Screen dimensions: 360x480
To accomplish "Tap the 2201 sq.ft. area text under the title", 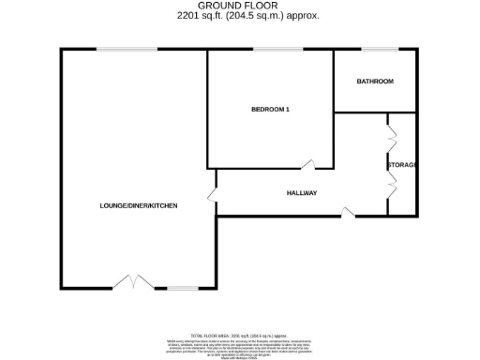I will coord(239,16).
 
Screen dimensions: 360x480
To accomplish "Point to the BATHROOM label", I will coord(375,82).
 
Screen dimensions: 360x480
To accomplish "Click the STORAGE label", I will coord(402,165).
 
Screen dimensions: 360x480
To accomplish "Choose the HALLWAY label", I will coord(302,193).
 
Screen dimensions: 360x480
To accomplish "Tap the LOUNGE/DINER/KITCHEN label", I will coord(140,205).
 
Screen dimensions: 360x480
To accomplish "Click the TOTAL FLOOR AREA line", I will coord(239,335).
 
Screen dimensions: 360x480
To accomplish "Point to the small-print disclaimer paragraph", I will coord(239,346).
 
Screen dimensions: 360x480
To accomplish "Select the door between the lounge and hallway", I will coord(212,194).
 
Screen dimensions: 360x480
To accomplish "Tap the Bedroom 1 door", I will coord(308,165).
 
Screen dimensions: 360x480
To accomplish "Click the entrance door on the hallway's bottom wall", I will coord(349,214).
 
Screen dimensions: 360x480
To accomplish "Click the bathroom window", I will coord(379,49).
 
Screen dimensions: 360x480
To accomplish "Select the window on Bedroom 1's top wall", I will coord(268,49).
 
